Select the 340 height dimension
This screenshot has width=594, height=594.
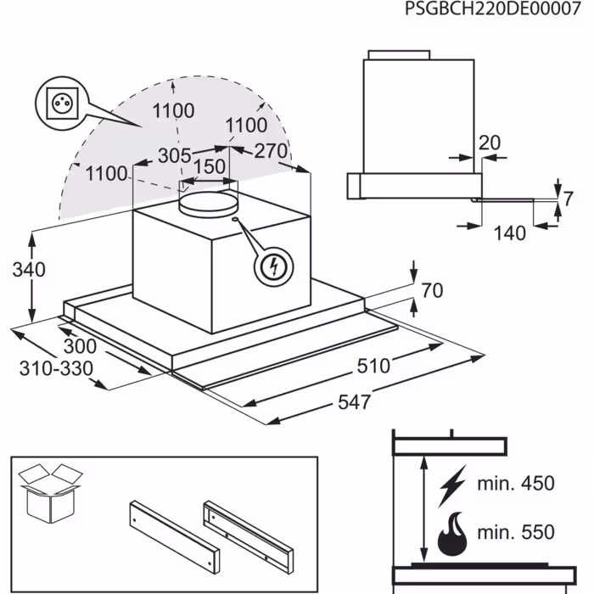pyautogui.click(x=30, y=271)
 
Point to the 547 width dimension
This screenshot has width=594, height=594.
pyautogui.click(x=354, y=401)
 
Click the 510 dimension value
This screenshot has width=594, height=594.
pyautogui.click(x=373, y=366)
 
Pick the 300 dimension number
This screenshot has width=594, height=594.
pyautogui.click(x=79, y=347)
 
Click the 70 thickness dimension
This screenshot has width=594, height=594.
pyautogui.click(x=431, y=291)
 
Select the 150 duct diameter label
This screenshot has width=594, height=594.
pyautogui.click(x=210, y=166)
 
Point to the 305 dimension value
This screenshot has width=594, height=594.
pyautogui.click(x=173, y=155)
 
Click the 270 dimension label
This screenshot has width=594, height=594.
pyautogui.click(x=271, y=151)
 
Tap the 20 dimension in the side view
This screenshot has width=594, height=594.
pyautogui.click(x=489, y=143)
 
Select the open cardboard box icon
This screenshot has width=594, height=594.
pyautogui.click(x=49, y=491)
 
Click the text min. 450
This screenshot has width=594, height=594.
pyautogui.click(x=514, y=484)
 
